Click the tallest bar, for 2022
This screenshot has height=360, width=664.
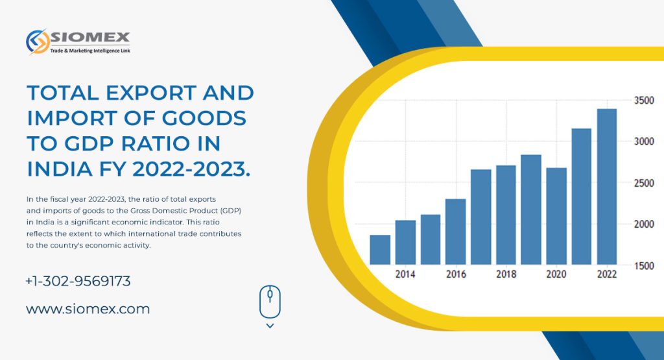pos(606,186)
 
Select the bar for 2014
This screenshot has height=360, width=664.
pos(405,242)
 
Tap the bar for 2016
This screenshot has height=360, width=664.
pos(456,231)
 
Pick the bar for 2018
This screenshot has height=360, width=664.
pos(506,215)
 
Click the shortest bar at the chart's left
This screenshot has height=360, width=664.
pos(380,249)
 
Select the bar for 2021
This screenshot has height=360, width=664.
pos(581,196)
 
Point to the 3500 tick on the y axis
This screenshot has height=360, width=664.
pos(643,101)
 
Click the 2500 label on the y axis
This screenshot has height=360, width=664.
pos(643,183)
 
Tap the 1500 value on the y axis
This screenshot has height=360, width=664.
pos(643,265)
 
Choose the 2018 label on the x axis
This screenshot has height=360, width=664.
pos(506,274)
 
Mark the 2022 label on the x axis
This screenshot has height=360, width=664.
pos(606,274)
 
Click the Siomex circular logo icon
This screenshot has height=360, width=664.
pos(37,42)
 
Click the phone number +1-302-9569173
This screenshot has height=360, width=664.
pos(78,282)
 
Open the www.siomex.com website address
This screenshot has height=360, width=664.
pos(88,309)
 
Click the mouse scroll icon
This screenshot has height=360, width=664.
pos(270,302)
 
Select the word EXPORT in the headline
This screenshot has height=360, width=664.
pos(143,93)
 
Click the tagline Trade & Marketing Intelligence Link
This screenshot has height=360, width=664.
pos(90,50)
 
